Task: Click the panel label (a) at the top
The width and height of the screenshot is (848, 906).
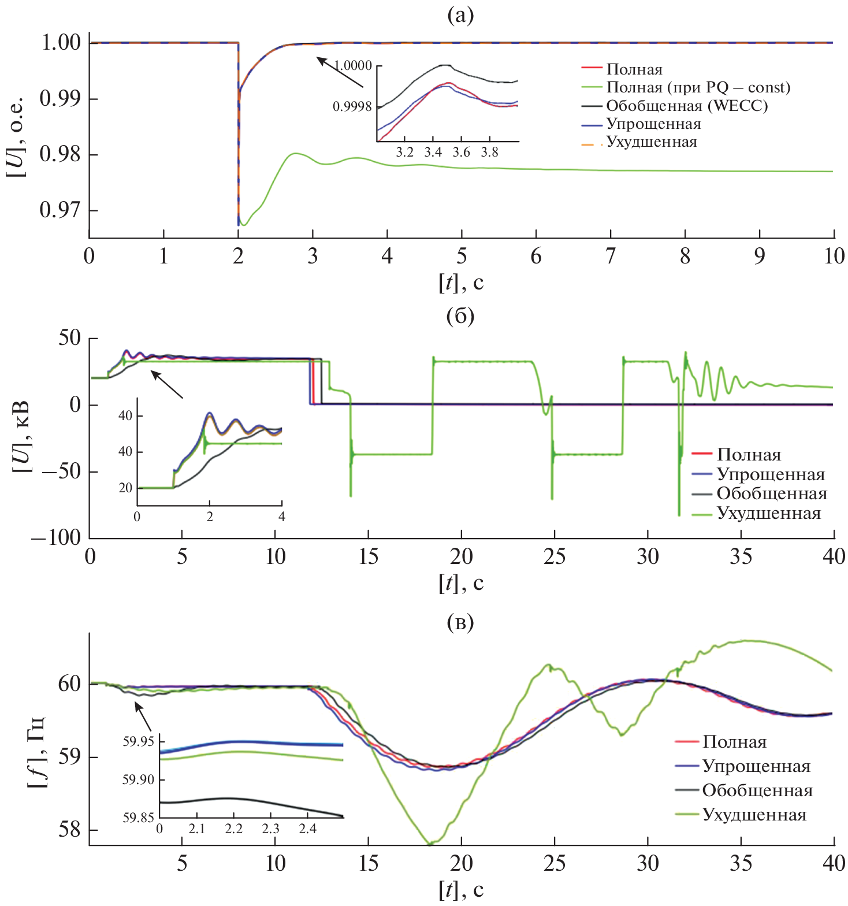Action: pyautogui.click(x=460, y=16)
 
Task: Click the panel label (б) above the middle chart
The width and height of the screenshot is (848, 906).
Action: pyautogui.click(x=460, y=315)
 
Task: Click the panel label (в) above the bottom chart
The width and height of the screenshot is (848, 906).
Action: pyautogui.click(x=460, y=622)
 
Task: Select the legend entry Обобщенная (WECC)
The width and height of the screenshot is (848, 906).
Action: pyautogui.click(x=687, y=106)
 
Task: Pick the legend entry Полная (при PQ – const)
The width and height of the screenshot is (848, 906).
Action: pyautogui.click(x=698, y=87)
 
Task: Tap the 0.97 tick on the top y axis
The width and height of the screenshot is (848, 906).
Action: pyautogui.click(x=60, y=210)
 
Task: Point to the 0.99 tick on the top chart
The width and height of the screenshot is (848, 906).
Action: pyautogui.click(x=60, y=98)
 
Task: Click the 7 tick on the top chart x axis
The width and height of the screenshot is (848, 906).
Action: pyautogui.click(x=611, y=255)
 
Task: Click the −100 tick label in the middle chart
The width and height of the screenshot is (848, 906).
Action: pyautogui.click(x=56, y=537)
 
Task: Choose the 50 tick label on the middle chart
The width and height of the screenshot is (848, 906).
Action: pyautogui.click(x=69, y=337)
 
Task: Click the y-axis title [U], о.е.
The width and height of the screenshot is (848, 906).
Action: pyautogui.click(x=16, y=136)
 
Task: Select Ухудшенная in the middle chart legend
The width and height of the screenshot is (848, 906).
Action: pyautogui.click(x=768, y=513)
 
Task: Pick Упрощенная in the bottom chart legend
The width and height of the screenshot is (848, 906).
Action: pyautogui.click(x=756, y=766)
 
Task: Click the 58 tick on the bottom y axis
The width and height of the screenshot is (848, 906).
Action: pyautogui.click(x=70, y=830)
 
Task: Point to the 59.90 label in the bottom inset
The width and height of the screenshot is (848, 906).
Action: pyautogui.click(x=139, y=779)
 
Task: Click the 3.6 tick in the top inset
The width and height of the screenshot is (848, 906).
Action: pyautogui.click(x=461, y=152)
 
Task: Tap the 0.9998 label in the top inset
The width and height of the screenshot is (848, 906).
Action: pyautogui.click(x=352, y=107)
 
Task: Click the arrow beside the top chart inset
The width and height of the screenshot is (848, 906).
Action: pyautogui.click(x=340, y=72)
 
